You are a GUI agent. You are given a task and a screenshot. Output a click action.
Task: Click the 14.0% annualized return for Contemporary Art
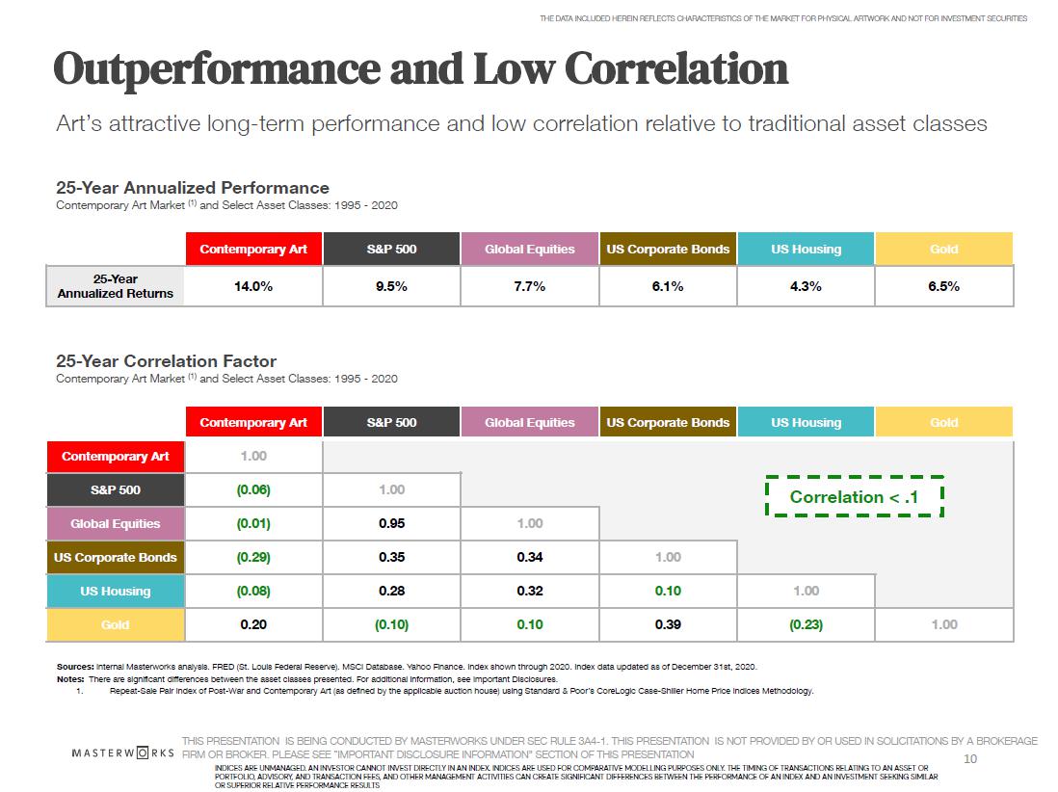253,286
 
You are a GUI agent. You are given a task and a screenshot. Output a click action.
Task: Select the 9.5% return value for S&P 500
391,286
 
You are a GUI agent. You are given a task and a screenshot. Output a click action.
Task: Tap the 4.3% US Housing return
806,286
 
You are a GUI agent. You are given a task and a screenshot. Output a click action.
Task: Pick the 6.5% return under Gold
943,286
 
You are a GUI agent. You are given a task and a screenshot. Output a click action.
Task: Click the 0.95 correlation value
391,524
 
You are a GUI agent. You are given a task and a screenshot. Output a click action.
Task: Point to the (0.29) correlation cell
253,558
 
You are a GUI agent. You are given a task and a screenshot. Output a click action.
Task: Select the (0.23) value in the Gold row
806,625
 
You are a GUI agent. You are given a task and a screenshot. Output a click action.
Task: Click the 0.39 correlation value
668,625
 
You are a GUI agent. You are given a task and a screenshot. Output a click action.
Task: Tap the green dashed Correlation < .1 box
854,497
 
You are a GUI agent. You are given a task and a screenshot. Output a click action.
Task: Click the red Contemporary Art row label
116,457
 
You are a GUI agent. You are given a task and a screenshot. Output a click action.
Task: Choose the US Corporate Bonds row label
116,558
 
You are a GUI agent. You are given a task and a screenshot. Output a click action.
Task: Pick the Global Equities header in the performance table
530,250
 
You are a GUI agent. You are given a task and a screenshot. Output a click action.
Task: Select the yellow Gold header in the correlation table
943,423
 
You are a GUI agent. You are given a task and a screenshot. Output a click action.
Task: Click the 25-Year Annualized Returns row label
116,286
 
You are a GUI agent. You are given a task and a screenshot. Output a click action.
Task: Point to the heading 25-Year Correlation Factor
166,361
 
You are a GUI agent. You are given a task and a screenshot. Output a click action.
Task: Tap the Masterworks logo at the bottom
123,752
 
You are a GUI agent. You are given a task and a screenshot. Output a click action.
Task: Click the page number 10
970,759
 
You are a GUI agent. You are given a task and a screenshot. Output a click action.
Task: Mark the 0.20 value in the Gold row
253,625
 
